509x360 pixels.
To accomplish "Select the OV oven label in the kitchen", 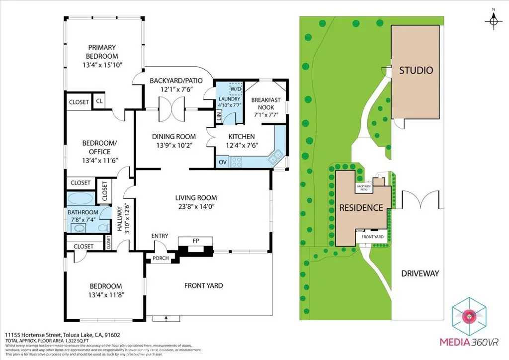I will point(222,162).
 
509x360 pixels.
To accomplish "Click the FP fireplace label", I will point(196,240).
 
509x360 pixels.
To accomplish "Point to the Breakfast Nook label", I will point(265,103).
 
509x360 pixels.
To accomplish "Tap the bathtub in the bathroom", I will point(80,200).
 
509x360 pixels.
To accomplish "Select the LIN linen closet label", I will point(219,116).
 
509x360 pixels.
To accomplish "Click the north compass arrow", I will point(493,21).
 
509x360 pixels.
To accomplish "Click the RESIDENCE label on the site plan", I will point(361,208).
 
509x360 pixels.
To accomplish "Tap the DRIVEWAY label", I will point(420,273).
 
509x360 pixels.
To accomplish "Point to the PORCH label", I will point(160,258).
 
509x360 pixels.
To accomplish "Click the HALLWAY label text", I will point(119,218).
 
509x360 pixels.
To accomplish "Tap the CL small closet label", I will point(99,102).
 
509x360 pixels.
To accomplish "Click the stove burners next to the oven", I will point(236,162).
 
